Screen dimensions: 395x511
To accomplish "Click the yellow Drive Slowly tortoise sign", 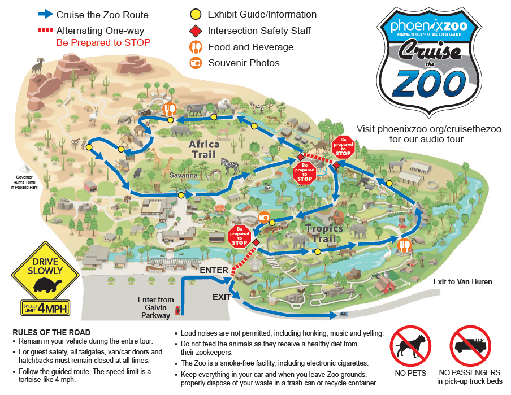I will (45, 272).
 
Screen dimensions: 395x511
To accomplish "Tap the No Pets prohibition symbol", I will (410, 346).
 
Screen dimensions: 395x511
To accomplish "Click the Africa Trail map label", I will (204, 149).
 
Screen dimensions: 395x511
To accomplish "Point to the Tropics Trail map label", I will (324, 233).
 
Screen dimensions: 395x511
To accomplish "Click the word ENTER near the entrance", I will (214, 270).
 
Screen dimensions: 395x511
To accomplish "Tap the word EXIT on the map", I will (222, 297).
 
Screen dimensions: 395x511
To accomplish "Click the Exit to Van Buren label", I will (462, 281).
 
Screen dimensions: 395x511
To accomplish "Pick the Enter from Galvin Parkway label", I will (155, 307).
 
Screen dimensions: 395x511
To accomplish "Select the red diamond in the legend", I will (195, 31).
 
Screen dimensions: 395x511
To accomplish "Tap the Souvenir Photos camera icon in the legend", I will (195, 63).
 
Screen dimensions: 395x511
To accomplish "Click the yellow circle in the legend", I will (195, 14).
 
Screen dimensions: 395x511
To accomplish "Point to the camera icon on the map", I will (263, 218).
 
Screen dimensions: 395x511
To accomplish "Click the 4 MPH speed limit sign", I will (45, 308).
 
